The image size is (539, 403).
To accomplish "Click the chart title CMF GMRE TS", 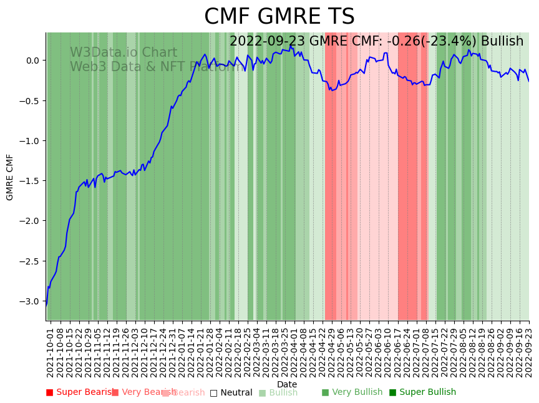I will click(x=279, y=17).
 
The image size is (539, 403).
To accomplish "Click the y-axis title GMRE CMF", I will click(x=10, y=177).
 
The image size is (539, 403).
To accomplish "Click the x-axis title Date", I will click(x=287, y=384).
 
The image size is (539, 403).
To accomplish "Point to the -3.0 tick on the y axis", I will click(x=32, y=301).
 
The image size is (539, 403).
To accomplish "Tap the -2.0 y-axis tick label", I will click(x=32, y=221).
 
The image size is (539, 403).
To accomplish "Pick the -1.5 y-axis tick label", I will click(x=32, y=181).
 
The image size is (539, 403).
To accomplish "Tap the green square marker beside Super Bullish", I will click(x=393, y=392).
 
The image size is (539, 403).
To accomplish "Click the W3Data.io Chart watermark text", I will click(x=124, y=52).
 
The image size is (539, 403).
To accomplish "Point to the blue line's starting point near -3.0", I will click(x=46, y=305).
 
